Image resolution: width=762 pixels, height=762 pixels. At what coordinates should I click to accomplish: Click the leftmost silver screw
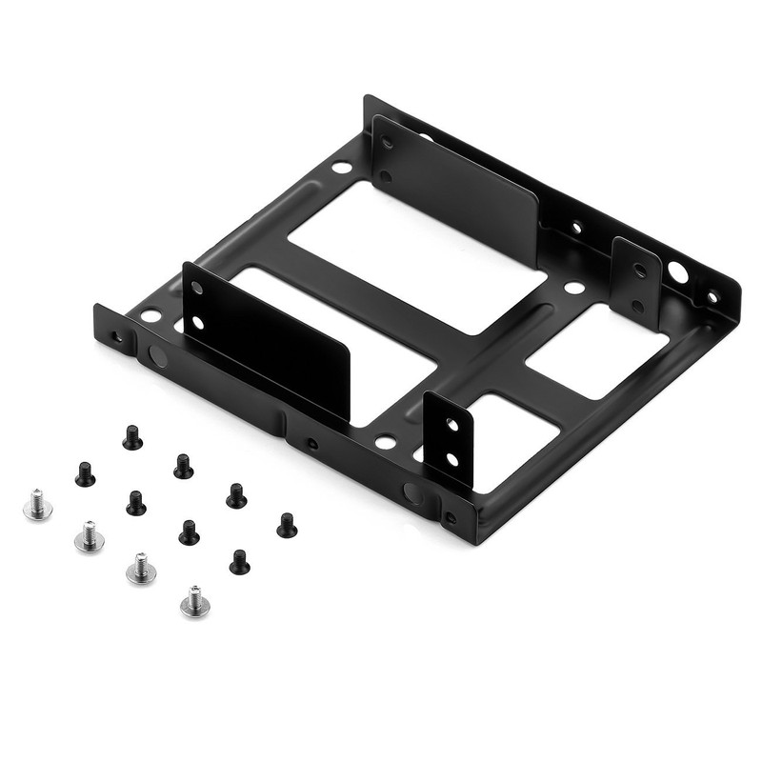(x=37, y=505)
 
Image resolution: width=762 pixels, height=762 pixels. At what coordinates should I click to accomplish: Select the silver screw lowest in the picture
(x=194, y=603)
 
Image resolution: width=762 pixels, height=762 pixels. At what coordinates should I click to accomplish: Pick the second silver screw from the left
(x=90, y=537)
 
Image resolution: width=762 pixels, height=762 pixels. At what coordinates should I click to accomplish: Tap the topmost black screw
(x=132, y=438)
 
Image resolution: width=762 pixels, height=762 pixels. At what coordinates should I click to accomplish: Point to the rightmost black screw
(x=287, y=525)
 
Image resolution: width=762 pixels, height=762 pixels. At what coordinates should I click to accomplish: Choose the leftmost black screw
(x=85, y=473)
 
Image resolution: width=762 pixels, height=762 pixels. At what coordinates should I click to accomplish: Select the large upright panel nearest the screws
(x=267, y=338)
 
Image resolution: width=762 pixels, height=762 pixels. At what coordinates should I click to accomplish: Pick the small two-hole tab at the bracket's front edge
(x=448, y=441)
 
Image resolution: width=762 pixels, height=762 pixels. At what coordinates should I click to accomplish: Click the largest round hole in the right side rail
(x=677, y=272)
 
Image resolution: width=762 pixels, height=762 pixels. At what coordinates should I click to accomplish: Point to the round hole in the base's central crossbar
(x=573, y=287)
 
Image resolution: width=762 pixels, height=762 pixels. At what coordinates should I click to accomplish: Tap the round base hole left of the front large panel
(x=150, y=315)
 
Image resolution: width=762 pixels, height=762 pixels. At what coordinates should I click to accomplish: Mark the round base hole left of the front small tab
(x=385, y=442)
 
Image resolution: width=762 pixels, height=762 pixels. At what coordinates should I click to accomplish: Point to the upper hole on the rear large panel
(x=387, y=143)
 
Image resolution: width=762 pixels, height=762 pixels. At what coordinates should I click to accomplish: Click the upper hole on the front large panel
(x=197, y=287)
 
